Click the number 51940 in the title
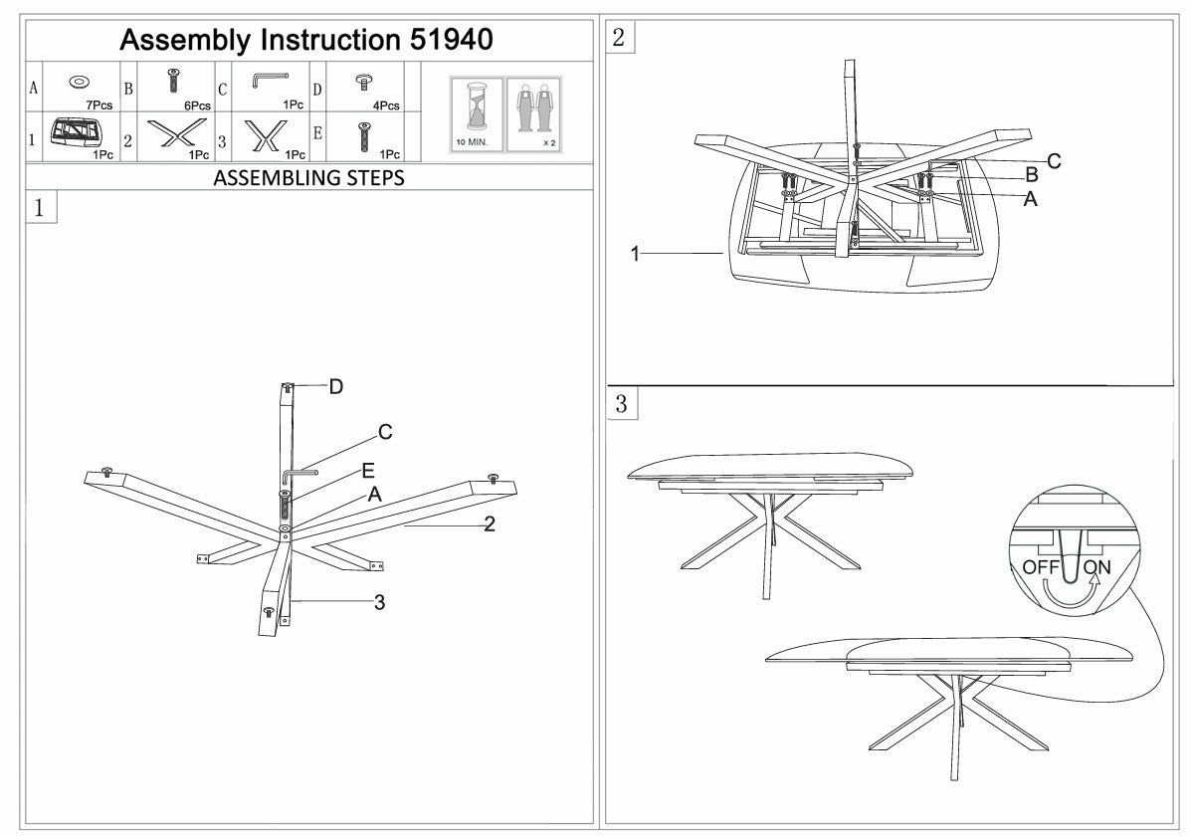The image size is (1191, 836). click(452, 40)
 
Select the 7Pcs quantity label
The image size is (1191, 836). click(99, 105)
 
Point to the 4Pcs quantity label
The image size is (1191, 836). click(386, 105)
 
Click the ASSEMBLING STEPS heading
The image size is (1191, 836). click(308, 179)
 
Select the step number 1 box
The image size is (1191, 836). click(38, 208)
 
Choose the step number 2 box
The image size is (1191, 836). click(619, 38)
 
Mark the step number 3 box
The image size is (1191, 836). click(621, 404)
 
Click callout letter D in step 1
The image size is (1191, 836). click(336, 386)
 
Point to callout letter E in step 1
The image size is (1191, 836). click(367, 469)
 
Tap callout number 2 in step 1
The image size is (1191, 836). click(489, 524)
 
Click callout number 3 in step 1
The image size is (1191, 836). click(379, 601)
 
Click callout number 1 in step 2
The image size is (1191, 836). click(635, 255)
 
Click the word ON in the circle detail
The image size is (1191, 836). click(1097, 567)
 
